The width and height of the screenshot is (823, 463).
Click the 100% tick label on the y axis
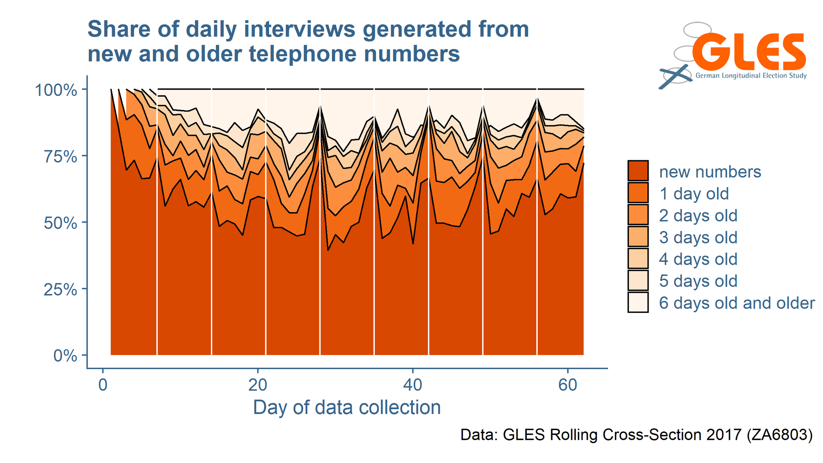tap(56, 90)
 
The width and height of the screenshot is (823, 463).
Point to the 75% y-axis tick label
tap(60, 157)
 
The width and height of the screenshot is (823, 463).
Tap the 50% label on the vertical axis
tap(60, 223)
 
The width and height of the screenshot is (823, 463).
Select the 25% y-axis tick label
tap(60, 290)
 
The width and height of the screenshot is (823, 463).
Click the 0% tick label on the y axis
tap(65, 356)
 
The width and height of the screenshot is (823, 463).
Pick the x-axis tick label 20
tap(258, 385)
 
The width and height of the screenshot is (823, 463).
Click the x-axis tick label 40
tap(412, 385)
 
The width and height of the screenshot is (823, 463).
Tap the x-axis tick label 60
tap(567, 385)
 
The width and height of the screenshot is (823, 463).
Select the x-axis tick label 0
tap(103, 385)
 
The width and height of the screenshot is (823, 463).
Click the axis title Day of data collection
tap(347, 407)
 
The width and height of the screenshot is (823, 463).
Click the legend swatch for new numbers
tap(638, 171)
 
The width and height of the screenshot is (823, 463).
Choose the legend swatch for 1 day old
tap(638, 193)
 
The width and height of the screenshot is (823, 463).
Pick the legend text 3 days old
tap(698, 237)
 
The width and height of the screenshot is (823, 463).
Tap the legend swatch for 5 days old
tap(638, 281)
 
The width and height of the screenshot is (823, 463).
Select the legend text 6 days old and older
tap(737, 303)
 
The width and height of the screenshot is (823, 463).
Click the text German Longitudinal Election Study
tap(751, 75)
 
